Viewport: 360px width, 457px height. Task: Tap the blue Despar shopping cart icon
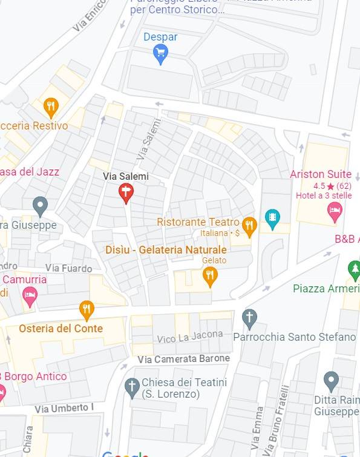click(x=160, y=54)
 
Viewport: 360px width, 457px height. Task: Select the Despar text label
click(x=160, y=37)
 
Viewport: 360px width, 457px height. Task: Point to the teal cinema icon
click(x=273, y=218)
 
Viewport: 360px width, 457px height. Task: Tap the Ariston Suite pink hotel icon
click(x=335, y=211)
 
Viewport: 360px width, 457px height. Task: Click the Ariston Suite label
click(x=320, y=174)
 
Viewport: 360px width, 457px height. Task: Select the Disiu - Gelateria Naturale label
click(x=166, y=249)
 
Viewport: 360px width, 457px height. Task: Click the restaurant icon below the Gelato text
click(x=210, y=276)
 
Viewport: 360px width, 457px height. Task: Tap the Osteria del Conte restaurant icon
click(x=87, y=310)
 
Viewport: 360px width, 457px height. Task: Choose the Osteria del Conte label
click(x=61, y=329)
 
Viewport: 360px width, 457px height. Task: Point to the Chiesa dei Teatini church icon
click(x=132, y=386)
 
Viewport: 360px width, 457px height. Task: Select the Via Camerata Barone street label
click(x=183, y=359)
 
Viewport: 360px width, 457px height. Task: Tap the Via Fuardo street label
click(x=68, y=268)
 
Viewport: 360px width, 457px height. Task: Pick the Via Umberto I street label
click(x=64, y=409)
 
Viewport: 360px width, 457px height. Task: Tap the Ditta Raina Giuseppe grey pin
click(x=331, y=381)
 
